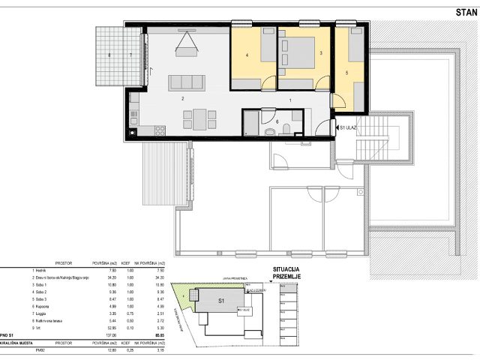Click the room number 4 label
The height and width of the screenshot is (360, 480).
246,55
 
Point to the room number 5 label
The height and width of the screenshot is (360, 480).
346,73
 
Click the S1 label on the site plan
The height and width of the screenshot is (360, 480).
221,301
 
